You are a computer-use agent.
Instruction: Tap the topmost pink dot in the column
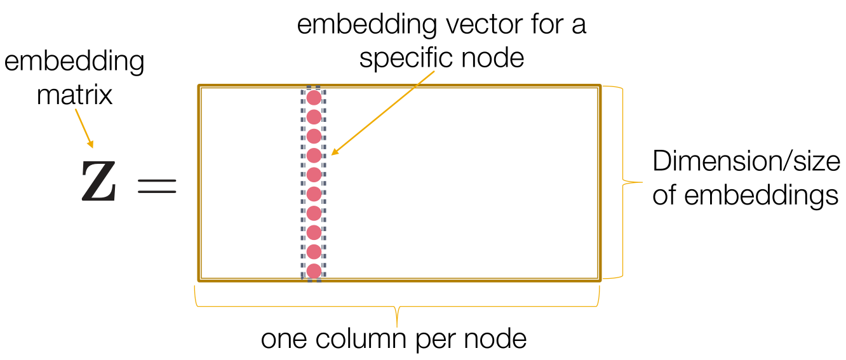(314, 98)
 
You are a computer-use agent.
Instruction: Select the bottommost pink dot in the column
(314, 271)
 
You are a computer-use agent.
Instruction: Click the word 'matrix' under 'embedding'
(75, 95)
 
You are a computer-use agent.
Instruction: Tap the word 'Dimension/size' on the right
(746, 162)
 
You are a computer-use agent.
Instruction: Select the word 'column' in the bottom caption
(361, 339)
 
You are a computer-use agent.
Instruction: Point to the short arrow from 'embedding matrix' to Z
(84, 128)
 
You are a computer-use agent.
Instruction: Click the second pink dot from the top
(314, 117)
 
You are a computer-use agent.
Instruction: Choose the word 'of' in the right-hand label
(664, 195)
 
